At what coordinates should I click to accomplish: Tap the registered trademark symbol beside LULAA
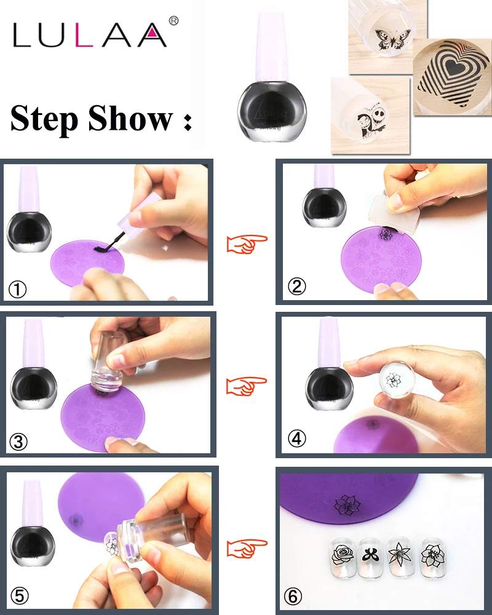click(x=173, y=21)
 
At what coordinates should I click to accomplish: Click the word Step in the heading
click(x=44, y=119)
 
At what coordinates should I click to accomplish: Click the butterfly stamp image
click(x=389, y=40)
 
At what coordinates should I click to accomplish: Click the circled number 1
click(x=18, y=290)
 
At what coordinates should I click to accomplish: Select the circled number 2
click(x=296, y=287)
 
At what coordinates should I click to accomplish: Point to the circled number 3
click(x=18, y=442)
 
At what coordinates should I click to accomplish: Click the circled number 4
click(x=296, y=438)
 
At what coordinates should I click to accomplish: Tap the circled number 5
click(x=20, y=596)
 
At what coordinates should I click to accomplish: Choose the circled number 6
click(x=293, y=597)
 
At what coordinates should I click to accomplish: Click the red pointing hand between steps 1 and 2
click(x=247, y=244)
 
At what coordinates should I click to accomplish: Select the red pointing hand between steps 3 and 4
click(x=247, y=386)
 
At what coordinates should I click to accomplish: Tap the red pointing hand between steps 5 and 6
click(x=247, y=549)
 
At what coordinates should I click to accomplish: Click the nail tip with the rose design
click(x=343, y=556)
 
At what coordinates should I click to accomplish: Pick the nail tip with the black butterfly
click(x=371, y=556)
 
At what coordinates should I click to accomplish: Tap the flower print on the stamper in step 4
click(x=393, y=380)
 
